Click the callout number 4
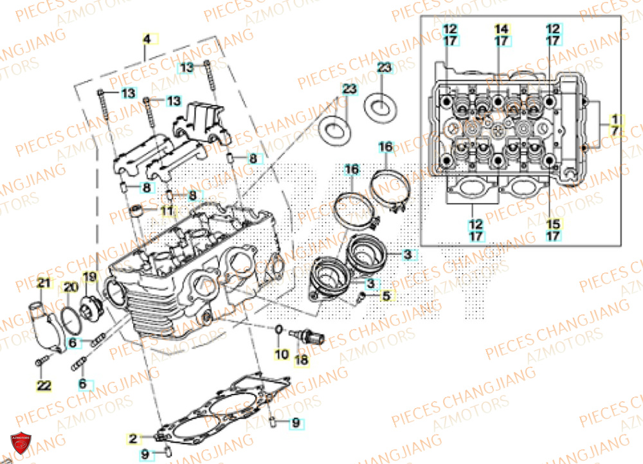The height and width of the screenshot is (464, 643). click(x=147, y=39)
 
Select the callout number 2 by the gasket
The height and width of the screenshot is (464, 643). click(x=133, y=439)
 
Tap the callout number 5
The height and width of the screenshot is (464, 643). click(x=386, y=296)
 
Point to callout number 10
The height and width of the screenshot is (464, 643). click(x=282, y=355)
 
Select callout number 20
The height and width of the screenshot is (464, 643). click(x=69, y=286)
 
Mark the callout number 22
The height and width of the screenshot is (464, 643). click(x=42, y=386)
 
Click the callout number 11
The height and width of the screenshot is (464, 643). click(x=167, y=210)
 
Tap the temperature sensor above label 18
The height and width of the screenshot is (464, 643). click(x=307, y=336)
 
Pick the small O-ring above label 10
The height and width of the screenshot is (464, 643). click(x=278, y=330)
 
